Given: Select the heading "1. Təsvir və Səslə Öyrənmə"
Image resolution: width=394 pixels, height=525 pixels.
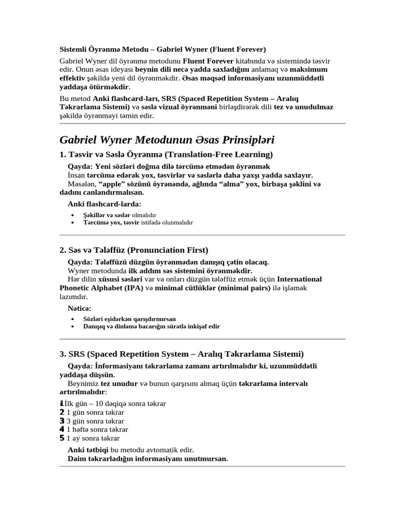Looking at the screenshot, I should [166, 154].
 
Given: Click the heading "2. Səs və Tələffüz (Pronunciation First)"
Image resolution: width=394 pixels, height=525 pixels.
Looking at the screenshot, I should [134, 250].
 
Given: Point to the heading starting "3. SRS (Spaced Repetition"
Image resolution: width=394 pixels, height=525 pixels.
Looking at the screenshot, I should [182, 354].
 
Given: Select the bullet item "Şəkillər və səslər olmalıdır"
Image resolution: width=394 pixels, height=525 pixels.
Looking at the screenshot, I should [120, 215].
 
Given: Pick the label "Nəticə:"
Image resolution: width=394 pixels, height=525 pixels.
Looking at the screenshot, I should [80, 308].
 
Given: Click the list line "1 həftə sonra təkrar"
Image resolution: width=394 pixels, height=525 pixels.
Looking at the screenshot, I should [97, 429].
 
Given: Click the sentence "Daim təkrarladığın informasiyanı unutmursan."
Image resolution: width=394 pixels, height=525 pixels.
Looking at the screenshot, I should [148, 458].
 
